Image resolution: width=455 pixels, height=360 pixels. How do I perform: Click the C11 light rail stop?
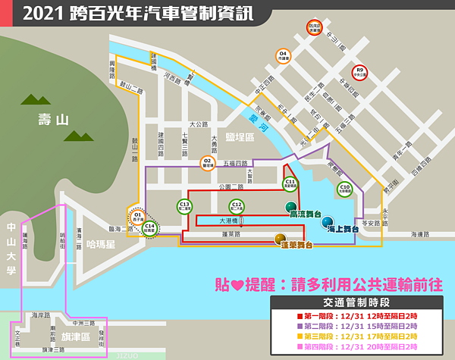pyautogui.click(x=290, y=183)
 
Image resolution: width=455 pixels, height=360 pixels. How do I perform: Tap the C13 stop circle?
pyautogui.click(x=184, y=205)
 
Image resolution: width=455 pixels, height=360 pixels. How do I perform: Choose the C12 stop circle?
pyautogui.click(x=237, y=205)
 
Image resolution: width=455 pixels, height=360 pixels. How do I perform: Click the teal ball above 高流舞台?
pyautogui.click(x=290, y=206)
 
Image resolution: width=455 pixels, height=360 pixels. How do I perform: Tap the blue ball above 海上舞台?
pyautogui.click(x=327, y=221)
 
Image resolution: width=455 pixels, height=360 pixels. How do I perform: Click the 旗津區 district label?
pyautogui.click(x=75, y=335)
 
